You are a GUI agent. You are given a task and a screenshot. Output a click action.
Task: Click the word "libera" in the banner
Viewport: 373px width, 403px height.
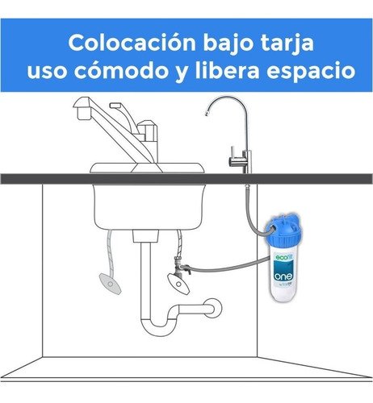coord(227,70)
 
